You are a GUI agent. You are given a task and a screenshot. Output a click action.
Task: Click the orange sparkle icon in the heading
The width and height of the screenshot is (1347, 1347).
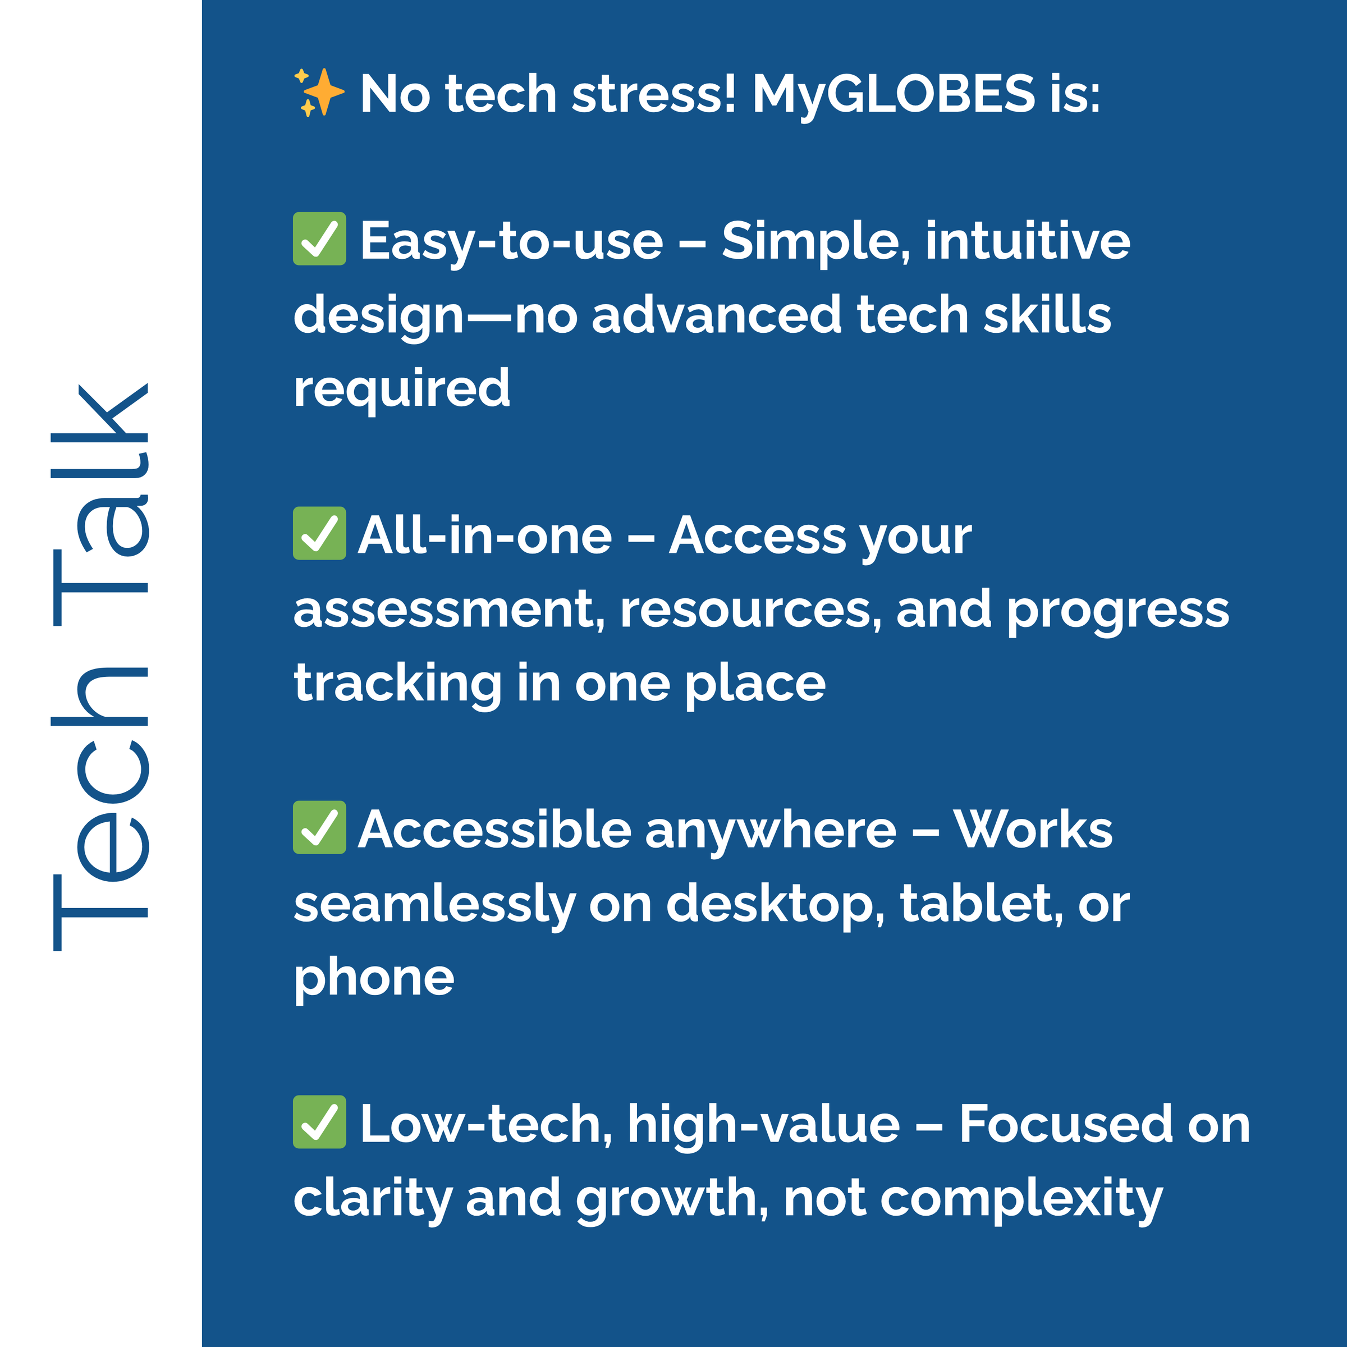tap(319, 92)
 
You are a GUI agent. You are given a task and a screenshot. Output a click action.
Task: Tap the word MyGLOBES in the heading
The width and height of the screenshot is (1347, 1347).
tap(894, 95)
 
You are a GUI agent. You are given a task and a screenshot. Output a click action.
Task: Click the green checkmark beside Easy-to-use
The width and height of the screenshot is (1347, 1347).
tap(319, 239)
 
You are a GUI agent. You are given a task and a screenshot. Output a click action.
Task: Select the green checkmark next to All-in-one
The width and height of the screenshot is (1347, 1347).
tap(319, 533)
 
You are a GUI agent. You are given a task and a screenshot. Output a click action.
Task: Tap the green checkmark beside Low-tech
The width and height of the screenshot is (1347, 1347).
tap(319, 1121)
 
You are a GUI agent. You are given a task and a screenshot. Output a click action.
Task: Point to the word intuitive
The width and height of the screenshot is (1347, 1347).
tap(1028, 241)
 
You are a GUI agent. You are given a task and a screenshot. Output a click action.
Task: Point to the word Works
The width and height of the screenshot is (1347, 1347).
tap(1033, 830)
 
